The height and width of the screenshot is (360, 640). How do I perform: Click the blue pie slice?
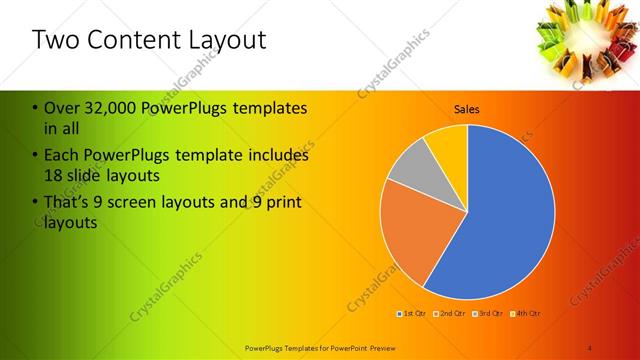[500, 220]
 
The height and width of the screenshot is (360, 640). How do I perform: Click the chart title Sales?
[467, 108]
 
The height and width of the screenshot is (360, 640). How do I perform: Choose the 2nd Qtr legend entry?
[451, 314]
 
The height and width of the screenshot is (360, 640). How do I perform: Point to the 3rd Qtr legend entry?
[489, 314]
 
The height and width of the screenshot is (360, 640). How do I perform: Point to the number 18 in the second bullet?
[55, 176]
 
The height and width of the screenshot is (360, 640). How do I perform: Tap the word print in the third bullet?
[284, 203]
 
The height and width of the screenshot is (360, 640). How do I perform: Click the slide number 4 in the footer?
[590, 347]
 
